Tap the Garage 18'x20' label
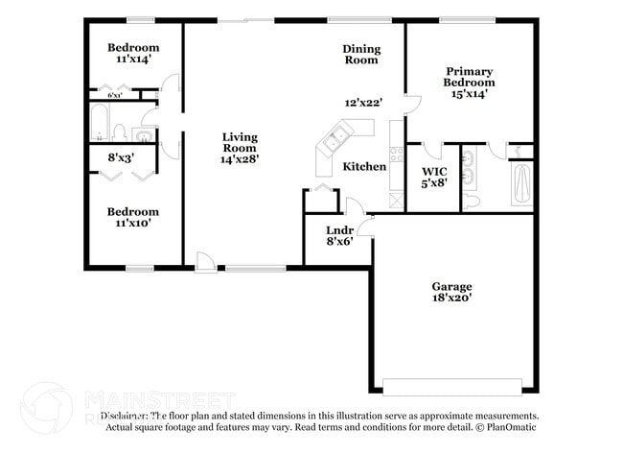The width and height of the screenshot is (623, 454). click(450, 292)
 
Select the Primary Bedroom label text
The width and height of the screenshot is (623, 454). click(469, 83)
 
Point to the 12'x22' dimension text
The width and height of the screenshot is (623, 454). click(363, 103)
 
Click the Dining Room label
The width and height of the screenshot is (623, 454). click(361, 55)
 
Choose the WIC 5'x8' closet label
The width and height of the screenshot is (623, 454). click(434, 177)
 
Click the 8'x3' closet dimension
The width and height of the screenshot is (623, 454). click(121, 156)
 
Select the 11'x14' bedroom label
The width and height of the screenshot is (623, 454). click(133, 54)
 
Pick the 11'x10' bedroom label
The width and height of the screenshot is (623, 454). click(132, 217)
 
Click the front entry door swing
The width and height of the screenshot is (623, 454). click(204, 259)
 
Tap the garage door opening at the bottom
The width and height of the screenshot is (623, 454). click(450, 387)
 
